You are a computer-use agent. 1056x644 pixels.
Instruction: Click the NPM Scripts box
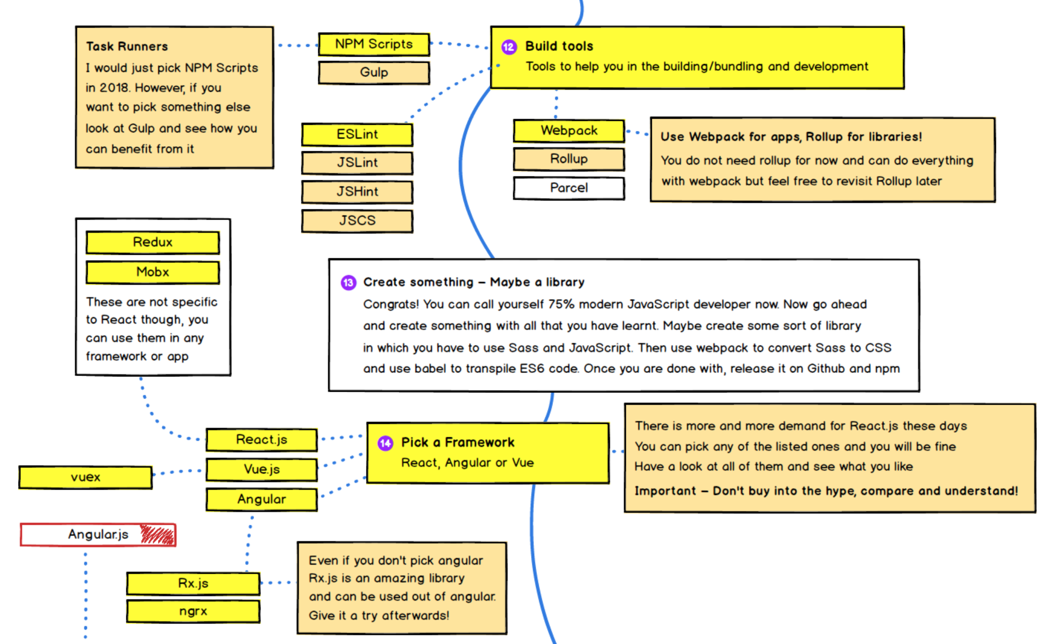[374, 44]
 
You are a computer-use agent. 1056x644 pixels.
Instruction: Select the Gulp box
[374, 72]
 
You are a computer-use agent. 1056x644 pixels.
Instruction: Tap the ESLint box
[357, 135]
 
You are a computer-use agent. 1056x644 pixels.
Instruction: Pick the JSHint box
[357, 192]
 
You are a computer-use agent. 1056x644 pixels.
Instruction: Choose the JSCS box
[357, 221]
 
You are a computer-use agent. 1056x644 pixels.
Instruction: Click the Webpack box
[569, 130]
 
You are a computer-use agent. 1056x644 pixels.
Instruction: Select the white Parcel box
[569, 188]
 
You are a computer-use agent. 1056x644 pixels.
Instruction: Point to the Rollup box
[569, 159]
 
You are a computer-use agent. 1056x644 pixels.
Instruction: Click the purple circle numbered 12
[509, 47]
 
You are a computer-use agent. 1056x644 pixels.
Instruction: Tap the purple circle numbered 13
[348, 283]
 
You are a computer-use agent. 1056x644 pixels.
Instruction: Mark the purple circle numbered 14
[385, 443]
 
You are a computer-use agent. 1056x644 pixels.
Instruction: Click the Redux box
[153, 242]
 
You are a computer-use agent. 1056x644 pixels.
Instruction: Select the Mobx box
[153, 272]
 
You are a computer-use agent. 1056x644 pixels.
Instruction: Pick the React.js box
[261, 440]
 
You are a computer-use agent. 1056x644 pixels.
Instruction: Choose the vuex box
[86, 477]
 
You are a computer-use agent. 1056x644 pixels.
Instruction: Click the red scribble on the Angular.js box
[157, 534]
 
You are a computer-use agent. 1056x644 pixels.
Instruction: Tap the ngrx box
[193, 611]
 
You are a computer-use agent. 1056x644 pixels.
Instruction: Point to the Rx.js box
[193, 583]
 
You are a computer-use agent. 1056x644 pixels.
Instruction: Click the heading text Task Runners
[127, 46]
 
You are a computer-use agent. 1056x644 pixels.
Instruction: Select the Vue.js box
[261, 469]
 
